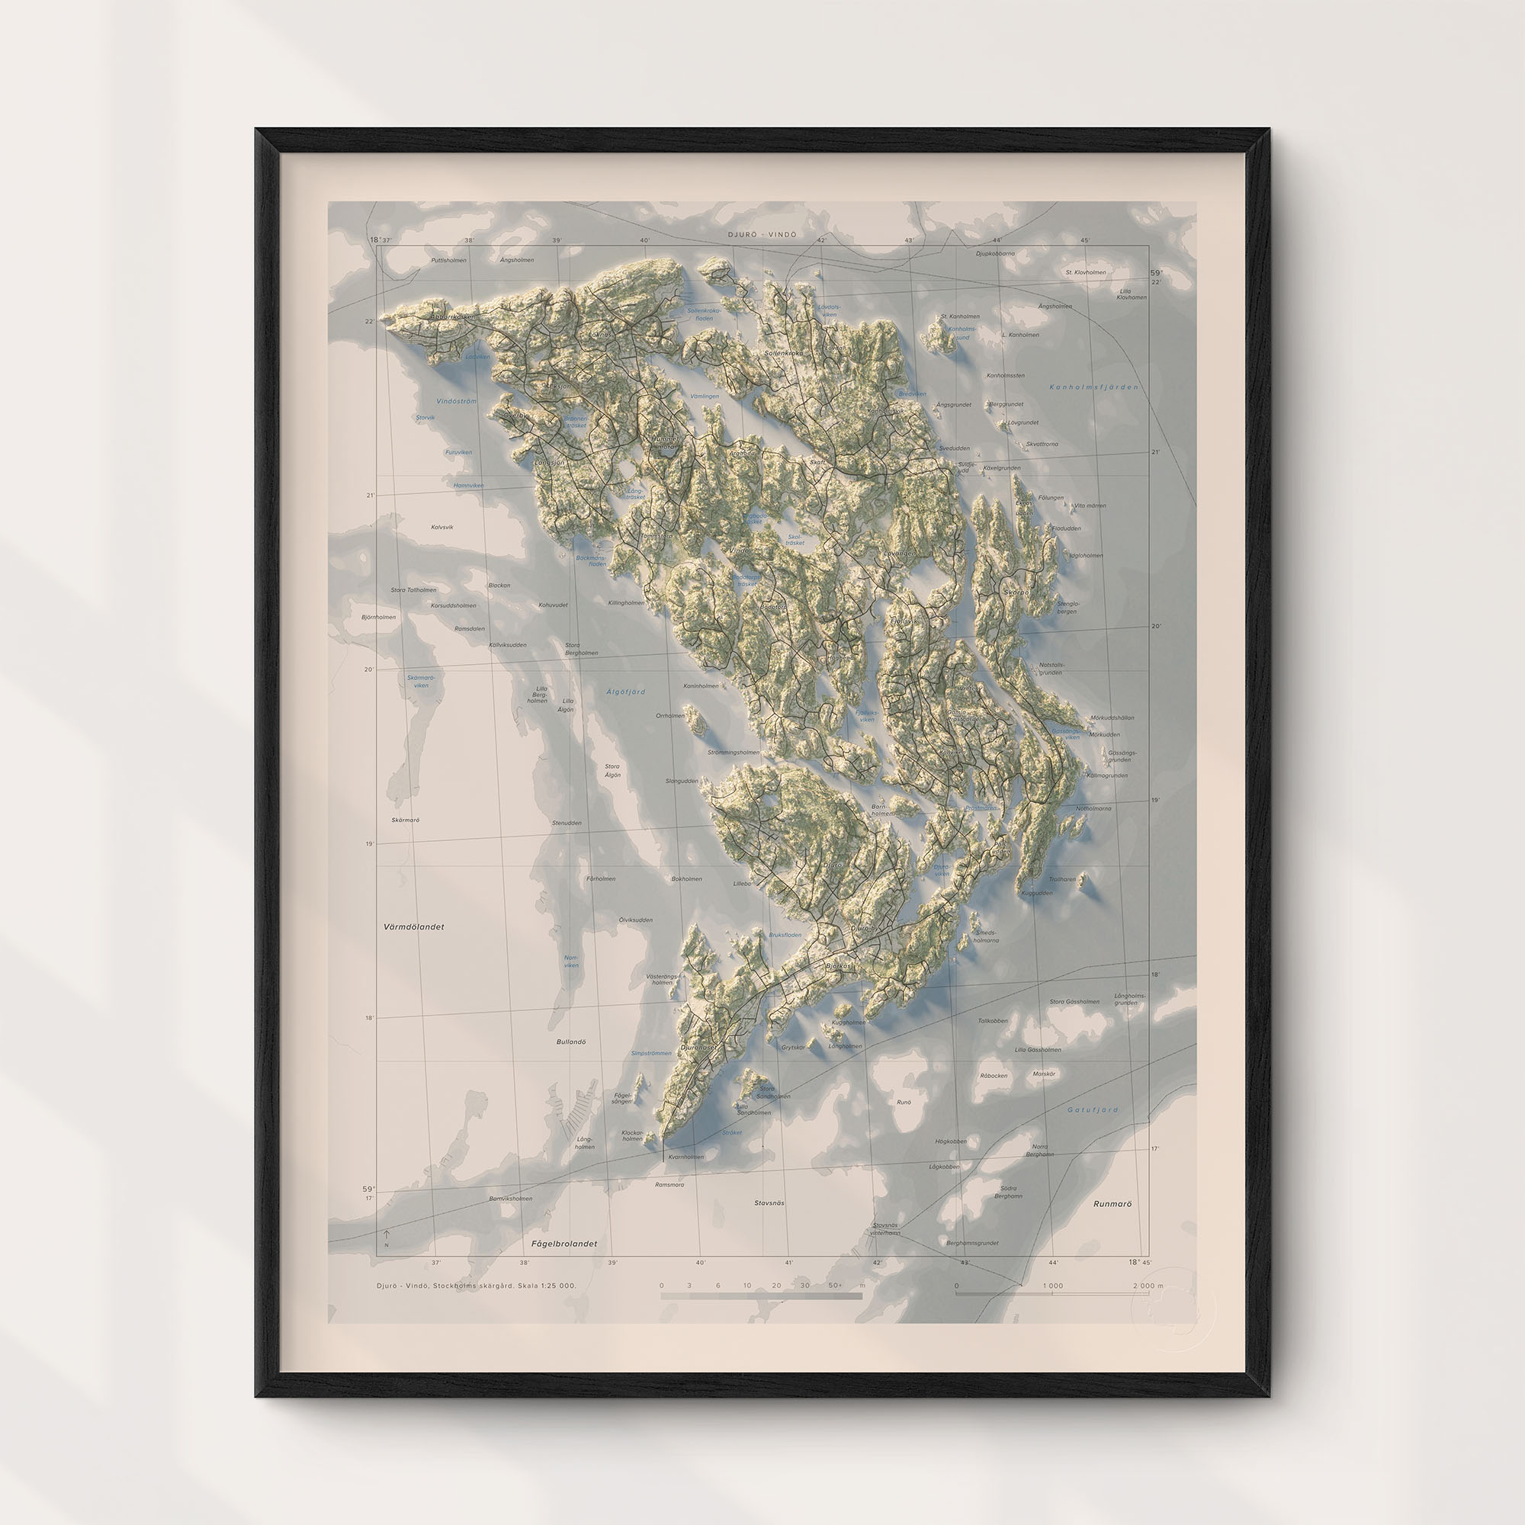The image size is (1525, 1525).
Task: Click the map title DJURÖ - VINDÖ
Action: pyautogui.click(x=762, y=234)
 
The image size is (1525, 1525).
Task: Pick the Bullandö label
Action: pyautogui.click(x=571, y=1042)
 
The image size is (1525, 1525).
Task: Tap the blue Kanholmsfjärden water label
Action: pyautogui.click(x=1093, y=387)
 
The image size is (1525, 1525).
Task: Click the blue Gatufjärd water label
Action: pyautogui.click(x=1093, y=1109)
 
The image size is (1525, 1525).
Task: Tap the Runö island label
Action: pyautogui.click(x=904, y=1101)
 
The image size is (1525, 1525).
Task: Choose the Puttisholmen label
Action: pyautogui.click(x=448, y=260)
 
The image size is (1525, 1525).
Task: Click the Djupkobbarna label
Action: pyautogui.click(x=995, y=254)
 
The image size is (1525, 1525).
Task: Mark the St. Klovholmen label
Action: pyautogui.click(x=1085, y=272)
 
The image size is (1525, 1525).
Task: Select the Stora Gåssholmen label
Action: pyautogui.click(x=1074, y=1002)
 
